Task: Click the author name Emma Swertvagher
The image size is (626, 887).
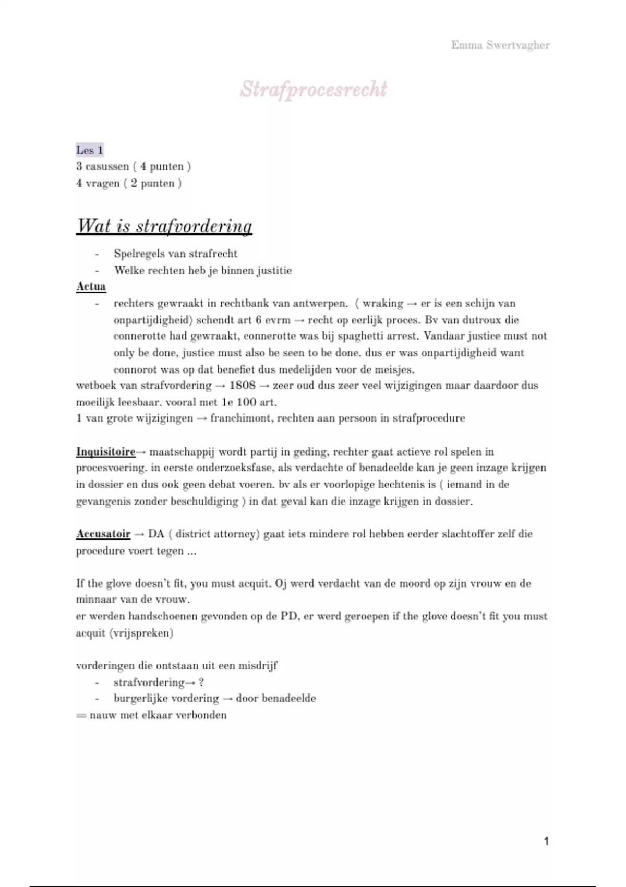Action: (500, 45)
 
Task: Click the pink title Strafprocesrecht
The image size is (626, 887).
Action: (314, 89)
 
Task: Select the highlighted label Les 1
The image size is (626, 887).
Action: (90, 150)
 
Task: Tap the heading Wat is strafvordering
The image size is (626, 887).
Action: (164, 226)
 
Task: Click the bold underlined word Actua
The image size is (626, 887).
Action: (91, 286)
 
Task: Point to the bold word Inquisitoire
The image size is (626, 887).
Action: (106, 452)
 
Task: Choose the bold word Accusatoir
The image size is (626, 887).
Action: (103, 534)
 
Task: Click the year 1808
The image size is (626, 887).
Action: (242, 386)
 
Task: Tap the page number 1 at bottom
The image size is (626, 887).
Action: (546, 841)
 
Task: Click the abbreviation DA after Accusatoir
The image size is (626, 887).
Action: (156, 534)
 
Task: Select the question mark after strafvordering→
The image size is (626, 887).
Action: (201, 682)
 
